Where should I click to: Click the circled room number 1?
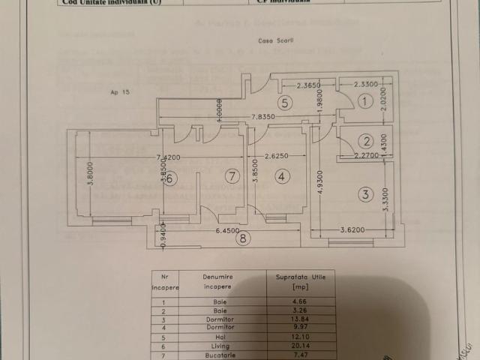[365, 100]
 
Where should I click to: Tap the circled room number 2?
[365, 141]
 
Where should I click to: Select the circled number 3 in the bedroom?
[365, 195]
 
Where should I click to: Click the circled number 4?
[280, 177]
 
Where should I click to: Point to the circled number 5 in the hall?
[284, 103]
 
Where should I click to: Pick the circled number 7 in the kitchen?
[232, 177]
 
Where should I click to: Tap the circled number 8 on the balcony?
[241, 239]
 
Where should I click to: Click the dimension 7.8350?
[261, 117]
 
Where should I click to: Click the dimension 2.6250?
[275, 157]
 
